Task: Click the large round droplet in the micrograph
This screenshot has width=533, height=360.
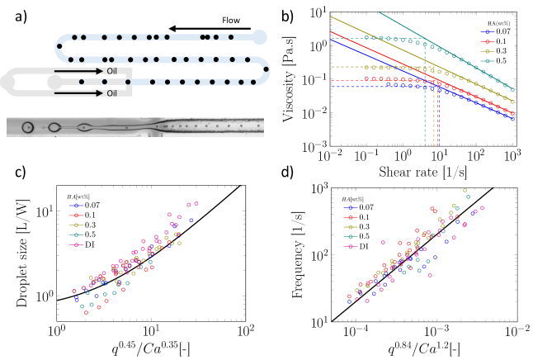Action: point(28,128)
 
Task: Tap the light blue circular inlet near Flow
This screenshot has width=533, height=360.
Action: point(260,37)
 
